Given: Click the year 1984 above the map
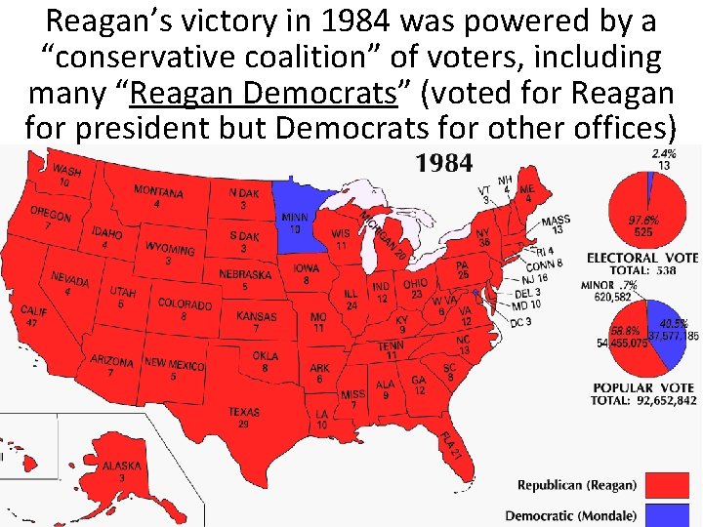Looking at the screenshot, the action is tap(444, 163).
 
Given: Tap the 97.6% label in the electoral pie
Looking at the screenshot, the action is tap(641, 224).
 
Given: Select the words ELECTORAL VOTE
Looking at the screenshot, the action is tap(641, 258).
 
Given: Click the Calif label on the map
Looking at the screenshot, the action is tap(33, 315).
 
